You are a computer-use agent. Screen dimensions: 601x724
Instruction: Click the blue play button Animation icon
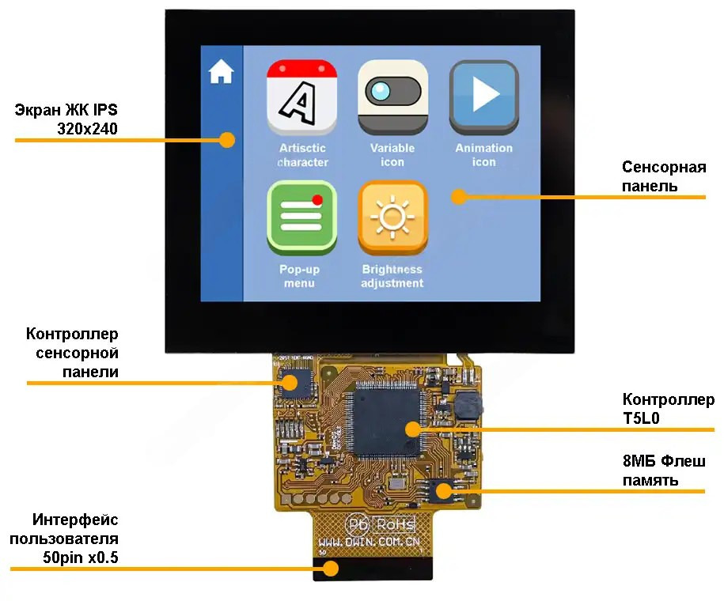tap(483, 96)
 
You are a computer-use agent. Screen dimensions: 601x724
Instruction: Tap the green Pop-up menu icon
tap(302, 217)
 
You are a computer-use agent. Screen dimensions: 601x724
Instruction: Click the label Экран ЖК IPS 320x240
tap(66, 119)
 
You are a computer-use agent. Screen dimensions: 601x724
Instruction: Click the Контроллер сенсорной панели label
tap(72, 353)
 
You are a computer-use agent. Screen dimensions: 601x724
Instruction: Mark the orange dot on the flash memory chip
tap(443, 490)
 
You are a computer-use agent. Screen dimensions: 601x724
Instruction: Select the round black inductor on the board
tap(467, 404)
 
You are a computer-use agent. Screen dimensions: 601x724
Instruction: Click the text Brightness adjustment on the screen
tap(392, 276)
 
